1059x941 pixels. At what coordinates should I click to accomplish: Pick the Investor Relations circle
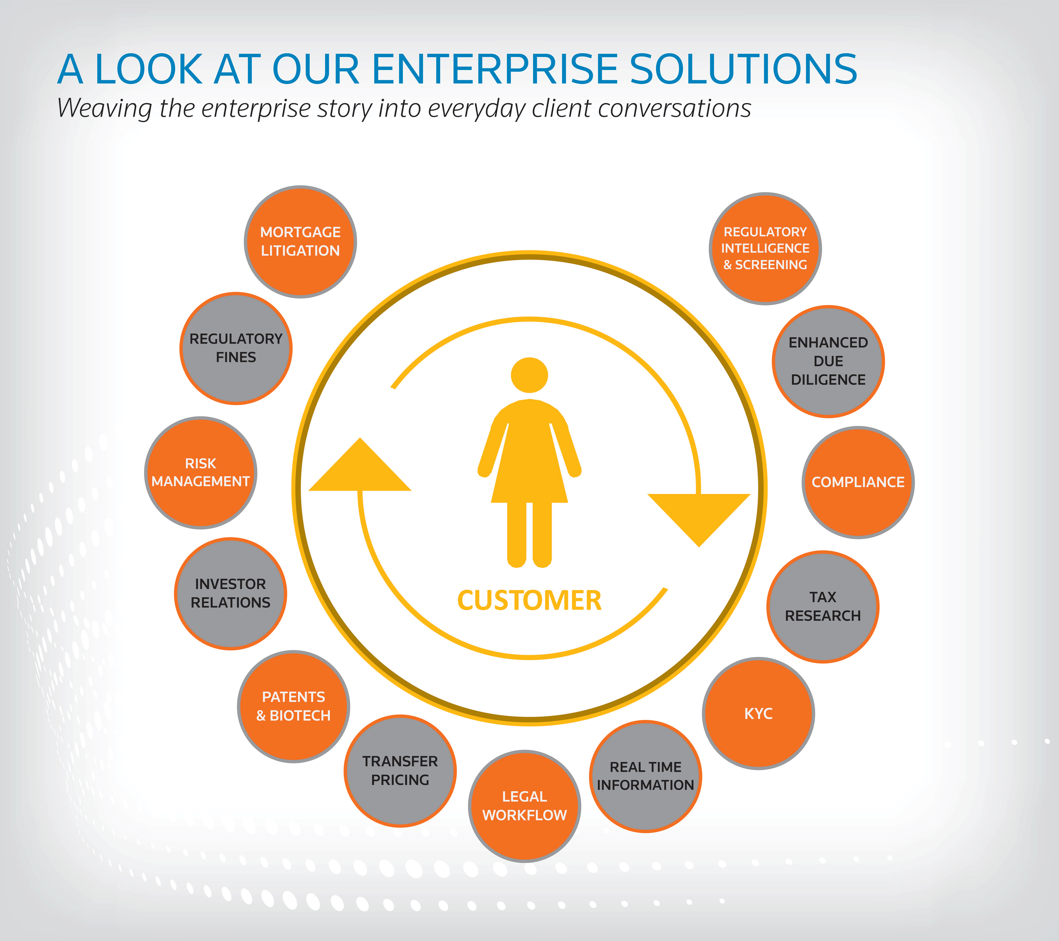point(231,594)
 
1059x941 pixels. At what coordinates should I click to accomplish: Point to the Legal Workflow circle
point(524,806)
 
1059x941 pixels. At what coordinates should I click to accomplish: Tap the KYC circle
point(758,714)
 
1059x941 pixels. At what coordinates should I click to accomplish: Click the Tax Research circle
point(823,607)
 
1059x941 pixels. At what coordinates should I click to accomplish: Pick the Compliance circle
point(858,482)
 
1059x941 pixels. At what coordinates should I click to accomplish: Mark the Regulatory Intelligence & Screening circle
point(765,249)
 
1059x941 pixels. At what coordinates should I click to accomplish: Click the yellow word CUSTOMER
point(529,601)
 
